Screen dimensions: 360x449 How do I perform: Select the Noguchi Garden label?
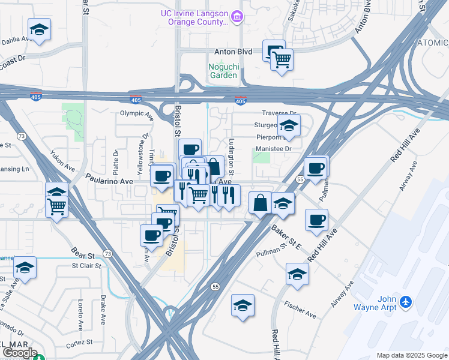click(x=223, y=71)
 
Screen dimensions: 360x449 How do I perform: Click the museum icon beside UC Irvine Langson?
click(x=238, y=17)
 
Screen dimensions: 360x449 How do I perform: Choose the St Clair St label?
click(x=83, y=265)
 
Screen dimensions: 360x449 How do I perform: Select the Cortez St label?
click(x=82, y=342)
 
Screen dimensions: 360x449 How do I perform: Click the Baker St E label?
click(x=286, y=238)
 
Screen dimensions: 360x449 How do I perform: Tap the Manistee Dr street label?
click(x=273, y=148)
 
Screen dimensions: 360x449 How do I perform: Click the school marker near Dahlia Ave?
click(x=39, y=29)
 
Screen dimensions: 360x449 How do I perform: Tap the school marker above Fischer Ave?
click(x=297, y=274)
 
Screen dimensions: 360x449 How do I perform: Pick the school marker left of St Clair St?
click(x=25, y=268)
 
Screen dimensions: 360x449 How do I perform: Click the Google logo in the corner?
click(x=19, y=353)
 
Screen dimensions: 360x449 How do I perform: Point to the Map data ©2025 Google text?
click(x=412, y=355)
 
